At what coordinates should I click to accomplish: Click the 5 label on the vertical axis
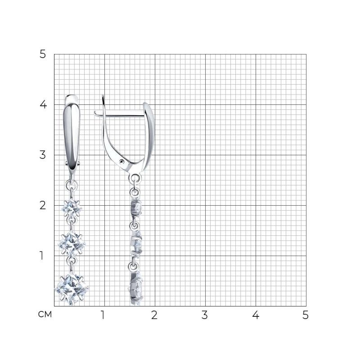(43, 54)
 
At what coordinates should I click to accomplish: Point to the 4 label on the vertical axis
(43, 104)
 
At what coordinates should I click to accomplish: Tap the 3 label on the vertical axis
(43, 155)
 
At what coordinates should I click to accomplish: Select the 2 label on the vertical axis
(43, 205)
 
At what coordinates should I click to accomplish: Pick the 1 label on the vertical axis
(41, 256)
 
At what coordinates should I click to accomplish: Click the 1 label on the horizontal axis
(103, 315)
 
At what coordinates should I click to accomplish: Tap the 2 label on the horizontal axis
(154, 315)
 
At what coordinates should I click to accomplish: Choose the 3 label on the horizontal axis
(205, 315)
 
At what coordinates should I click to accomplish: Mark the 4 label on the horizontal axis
(256, 315)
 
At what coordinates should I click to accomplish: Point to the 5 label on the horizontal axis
(306, 315)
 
